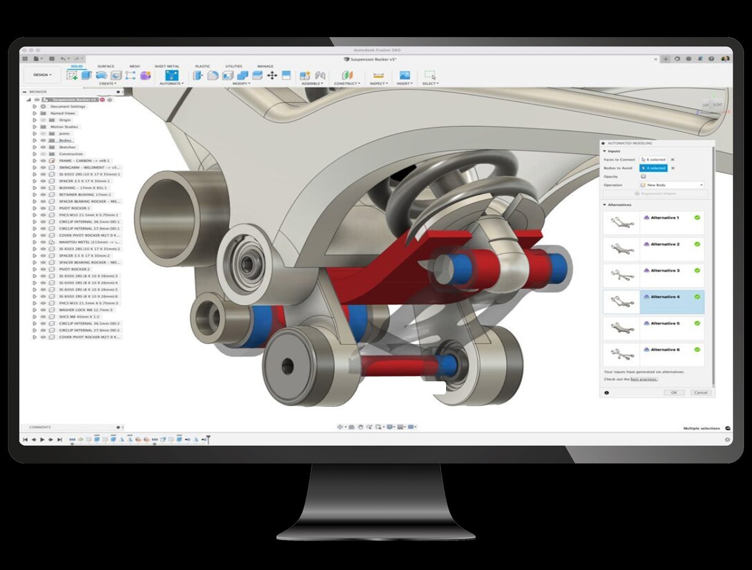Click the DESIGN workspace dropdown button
(x=42, y=75)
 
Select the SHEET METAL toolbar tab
(x=167, y=66)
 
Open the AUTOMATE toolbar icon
(x=171, y=75)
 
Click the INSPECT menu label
(x=378, y=84)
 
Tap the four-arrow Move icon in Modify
(x=272, y=75)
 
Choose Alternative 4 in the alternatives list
(x=665, y=297)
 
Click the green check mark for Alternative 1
(x=697, y=218)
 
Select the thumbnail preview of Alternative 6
(x=621, y=354)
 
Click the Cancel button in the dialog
(x=700, y=393)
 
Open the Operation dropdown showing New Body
(x=672, y=185)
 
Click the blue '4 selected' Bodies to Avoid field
(x=653, y=168)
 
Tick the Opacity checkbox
(x=643, y=177)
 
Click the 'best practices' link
(x=644, y=379)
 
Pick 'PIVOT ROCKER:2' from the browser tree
(x=75, y=269)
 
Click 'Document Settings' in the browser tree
(x=68, y=107)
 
